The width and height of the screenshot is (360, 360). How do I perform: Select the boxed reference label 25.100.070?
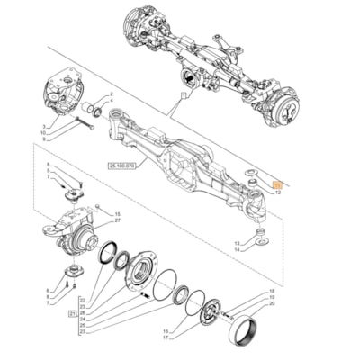tap(122, 190)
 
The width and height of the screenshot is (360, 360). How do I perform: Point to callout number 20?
tap(271, 303)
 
